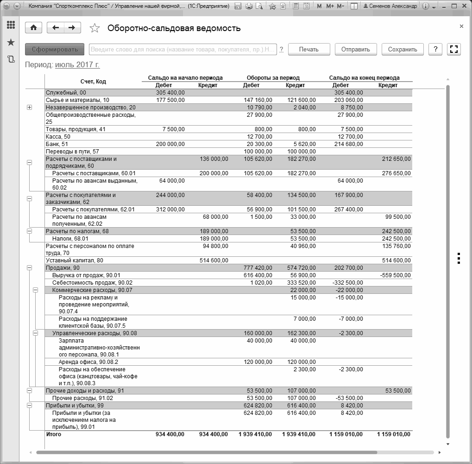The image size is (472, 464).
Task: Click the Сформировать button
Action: point(55,50)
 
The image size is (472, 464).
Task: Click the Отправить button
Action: point(355,50)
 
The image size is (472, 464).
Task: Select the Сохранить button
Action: point(403,50)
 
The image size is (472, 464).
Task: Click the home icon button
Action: point(33,28)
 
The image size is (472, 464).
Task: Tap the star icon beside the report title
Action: point(94,28)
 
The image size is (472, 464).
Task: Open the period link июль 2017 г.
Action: point(77,65)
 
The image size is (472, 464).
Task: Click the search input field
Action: point(183,50)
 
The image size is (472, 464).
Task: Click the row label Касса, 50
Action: point(58,137)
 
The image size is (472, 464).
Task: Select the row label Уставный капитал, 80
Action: point(74,261)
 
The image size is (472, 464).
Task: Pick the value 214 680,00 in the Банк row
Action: point(348,144)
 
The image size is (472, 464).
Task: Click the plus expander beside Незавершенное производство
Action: point(30,108)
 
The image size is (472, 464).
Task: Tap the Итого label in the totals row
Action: point(53,434)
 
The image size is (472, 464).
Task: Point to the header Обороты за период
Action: point(273,78)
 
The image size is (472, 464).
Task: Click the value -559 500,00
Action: point(395,275)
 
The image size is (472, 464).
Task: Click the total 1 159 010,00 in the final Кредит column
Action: point(394,434)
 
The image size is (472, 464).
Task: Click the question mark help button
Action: point(435,50)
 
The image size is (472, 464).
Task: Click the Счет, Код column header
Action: point(93,82)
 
